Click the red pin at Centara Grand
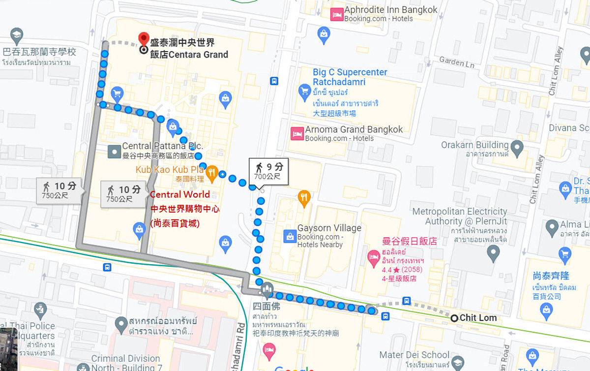(144, 38)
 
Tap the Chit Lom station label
(477, 318)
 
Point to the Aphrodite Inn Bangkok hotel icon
(337, 14)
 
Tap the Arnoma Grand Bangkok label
(354, 130)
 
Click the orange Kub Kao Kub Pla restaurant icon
(212, 172)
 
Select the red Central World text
(180, 194)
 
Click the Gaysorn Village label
(329, 228)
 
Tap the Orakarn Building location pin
(517, 147)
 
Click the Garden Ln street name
(456, 62)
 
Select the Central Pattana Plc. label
(162, 146)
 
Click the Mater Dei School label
(414, 355)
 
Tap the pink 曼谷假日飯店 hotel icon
(374, 256)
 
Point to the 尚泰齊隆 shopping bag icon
(546, 310)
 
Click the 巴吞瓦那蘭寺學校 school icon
(17, 35)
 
